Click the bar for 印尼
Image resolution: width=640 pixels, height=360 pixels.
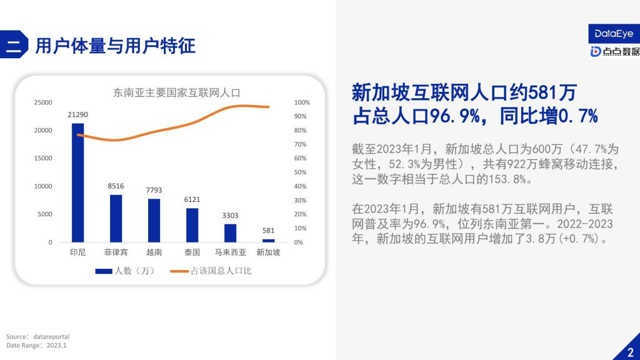point(77,183)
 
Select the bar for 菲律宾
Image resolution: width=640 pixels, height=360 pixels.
point(116,218)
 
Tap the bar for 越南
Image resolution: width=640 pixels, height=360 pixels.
point(154,221)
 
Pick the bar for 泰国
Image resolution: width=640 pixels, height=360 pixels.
point(192,225)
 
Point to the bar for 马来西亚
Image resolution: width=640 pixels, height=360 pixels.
point(230,233)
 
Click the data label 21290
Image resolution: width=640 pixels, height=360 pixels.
point(77,115)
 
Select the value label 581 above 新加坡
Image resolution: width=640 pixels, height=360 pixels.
point(269,231)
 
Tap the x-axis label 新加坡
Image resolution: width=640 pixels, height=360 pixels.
point(268,252)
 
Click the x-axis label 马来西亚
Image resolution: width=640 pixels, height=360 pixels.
point(230,252)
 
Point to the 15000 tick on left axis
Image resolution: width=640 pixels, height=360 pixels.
point(43,158)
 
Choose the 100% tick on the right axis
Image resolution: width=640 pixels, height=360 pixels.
point(302,102)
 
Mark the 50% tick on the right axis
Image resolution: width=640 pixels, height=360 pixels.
point(301,172)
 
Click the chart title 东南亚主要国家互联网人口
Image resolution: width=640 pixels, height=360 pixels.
point(177,93)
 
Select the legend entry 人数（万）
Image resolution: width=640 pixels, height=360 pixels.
point(125,271)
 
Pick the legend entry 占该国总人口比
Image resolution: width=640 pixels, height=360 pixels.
point(211,271)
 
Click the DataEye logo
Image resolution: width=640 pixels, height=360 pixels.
point(614,34)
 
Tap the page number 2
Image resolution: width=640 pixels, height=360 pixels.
point(631,352)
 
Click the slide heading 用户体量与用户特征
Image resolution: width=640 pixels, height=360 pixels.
point(116,45)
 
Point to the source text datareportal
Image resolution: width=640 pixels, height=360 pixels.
point(51,337)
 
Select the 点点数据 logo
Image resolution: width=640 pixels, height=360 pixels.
point(615,51)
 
